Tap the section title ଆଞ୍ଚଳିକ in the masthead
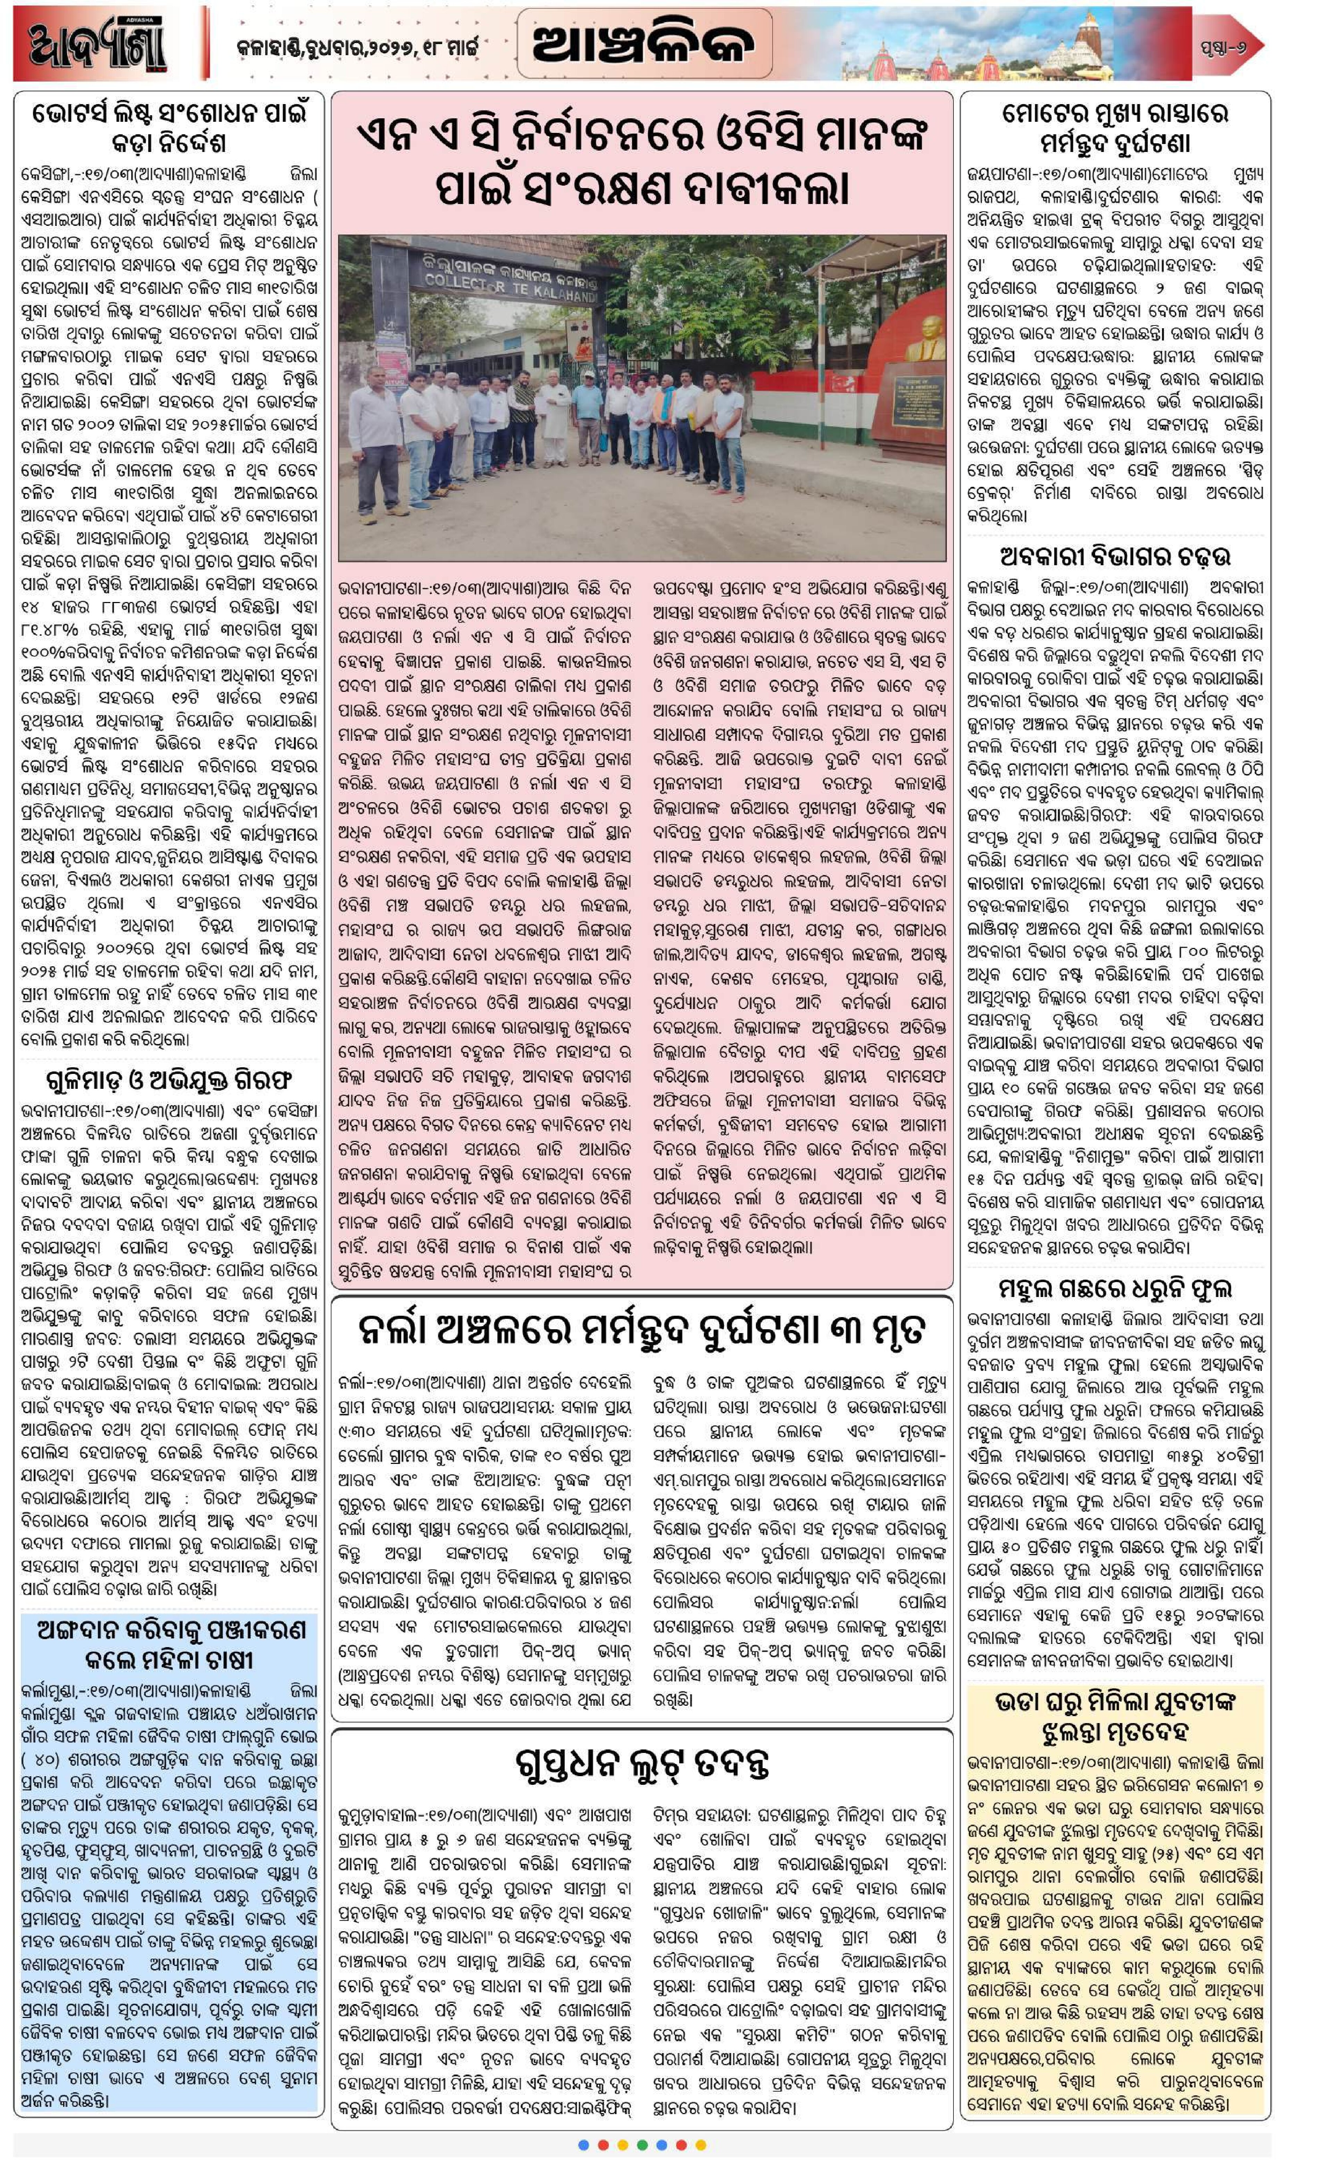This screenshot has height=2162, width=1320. (643, 42)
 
